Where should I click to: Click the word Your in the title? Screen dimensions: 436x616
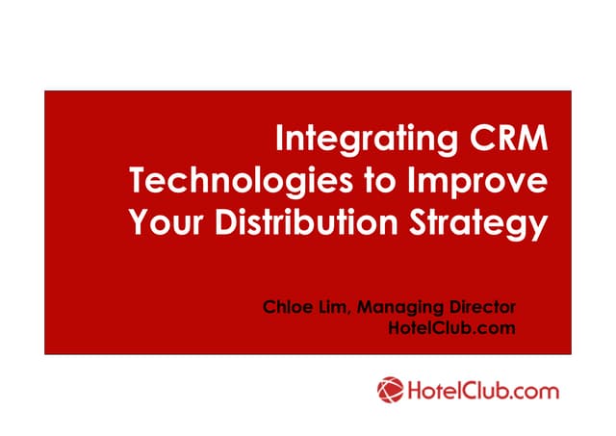click(x=160, y=223)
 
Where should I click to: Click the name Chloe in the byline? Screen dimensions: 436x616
click(x=287, y=308)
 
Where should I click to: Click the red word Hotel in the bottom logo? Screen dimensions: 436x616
click(x=429, y=392)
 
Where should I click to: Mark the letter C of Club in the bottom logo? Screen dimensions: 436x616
click(x=465, y=392)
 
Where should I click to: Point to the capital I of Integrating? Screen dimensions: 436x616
click(x=280, y=139)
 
